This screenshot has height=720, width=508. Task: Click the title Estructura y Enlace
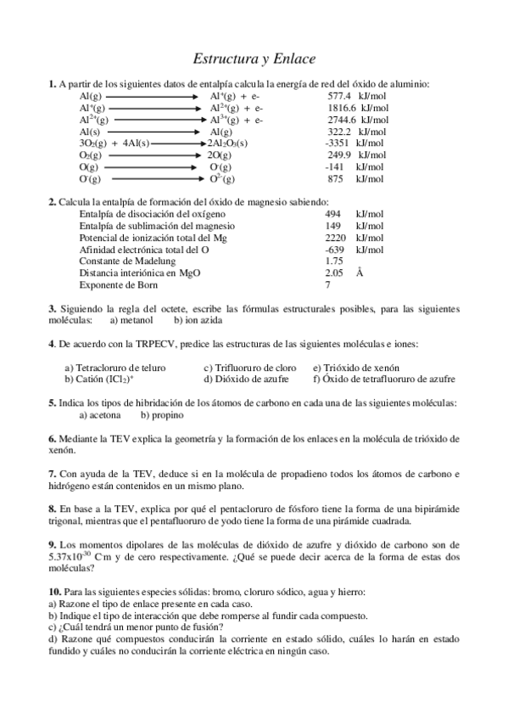[x=254, y=59]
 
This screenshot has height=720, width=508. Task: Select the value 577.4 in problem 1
[x=339, y=97]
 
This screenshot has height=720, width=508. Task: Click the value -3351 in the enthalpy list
[x=338, y=143]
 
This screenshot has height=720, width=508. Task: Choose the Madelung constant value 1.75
[x=333, y=262]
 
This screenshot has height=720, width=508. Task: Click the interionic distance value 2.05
[x=333, y=273]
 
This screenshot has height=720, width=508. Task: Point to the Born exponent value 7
[x=327, y=285]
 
